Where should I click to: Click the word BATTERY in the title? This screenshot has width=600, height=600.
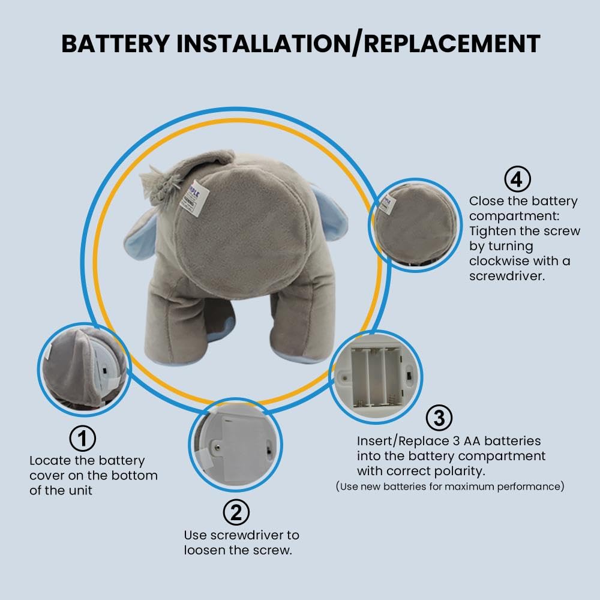point(116,43)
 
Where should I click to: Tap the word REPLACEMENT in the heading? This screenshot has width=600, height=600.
point(452,43)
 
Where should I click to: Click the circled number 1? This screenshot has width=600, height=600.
point(83,438)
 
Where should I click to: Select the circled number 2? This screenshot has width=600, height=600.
point(236,512)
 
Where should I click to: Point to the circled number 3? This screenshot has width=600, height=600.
point(439,418)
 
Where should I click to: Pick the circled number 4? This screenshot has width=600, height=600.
point(517,179)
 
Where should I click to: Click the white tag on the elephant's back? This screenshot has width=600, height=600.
point(195,198)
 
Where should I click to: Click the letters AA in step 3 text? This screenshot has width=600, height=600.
point(472,441)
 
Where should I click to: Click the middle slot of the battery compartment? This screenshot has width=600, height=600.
point(377,376)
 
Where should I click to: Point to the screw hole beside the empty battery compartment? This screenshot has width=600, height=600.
point(344,379)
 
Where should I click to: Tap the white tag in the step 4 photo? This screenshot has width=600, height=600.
point(386,204)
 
